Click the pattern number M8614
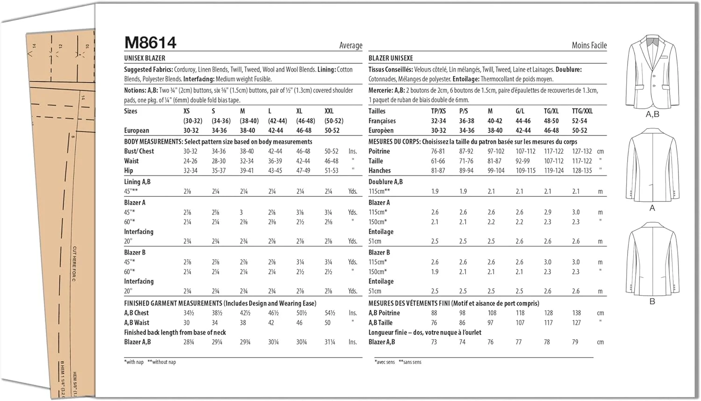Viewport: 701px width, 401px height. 150,43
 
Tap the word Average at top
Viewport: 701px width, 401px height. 350,45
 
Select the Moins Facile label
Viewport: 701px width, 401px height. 589,45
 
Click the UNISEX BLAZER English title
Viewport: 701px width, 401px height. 144,58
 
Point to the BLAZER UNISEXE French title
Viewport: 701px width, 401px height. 391,58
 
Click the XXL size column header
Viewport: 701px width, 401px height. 329,111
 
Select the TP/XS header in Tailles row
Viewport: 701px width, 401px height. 438,111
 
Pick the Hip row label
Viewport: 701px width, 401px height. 129,171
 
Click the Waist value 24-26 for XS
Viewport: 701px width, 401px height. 190,161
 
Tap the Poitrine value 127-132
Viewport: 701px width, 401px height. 582,151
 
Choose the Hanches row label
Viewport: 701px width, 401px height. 379,171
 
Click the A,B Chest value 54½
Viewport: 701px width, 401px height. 329,313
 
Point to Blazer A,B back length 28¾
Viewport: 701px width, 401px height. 189,342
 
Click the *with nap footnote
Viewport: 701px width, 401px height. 134,362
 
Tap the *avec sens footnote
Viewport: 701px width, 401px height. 385,362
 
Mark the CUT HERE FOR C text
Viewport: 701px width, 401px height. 74,264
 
